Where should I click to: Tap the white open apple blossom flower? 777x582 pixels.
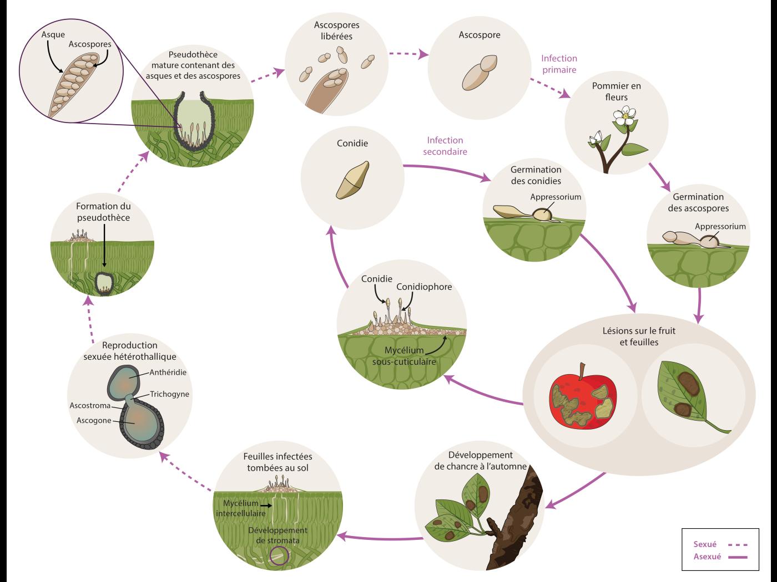(625, 116)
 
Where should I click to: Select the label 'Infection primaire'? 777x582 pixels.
(559, 64)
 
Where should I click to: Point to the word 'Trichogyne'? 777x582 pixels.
(169, 394)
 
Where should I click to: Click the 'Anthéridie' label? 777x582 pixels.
(167, 372)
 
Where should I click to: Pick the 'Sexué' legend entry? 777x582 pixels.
(705, 544)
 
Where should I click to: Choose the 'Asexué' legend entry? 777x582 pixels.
(707, 557)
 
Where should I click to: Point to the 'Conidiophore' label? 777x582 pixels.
(424, 287)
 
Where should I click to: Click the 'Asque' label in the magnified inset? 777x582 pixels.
(53, 35)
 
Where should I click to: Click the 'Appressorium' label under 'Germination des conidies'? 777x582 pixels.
(555, 197)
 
